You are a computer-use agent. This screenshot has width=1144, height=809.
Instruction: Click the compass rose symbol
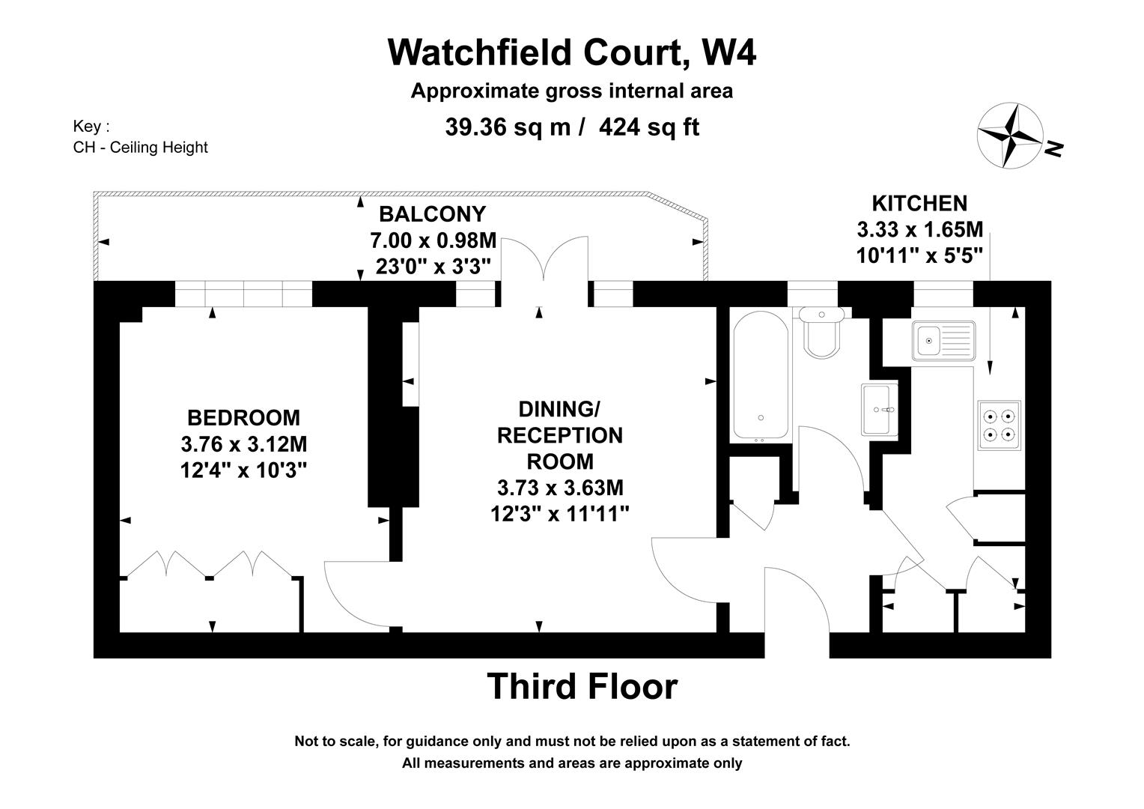1009,136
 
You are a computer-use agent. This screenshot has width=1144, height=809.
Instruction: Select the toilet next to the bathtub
822,333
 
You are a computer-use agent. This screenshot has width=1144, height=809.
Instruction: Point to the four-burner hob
999,425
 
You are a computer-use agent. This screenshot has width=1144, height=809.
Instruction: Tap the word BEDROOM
243,417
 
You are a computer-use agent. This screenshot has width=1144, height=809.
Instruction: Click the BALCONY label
432,214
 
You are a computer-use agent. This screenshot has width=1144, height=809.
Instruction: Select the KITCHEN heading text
919,203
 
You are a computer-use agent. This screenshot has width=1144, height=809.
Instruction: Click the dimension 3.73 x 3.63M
560,488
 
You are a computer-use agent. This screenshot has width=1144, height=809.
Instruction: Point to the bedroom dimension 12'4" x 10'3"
243,470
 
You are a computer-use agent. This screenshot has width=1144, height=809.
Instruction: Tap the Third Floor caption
582,686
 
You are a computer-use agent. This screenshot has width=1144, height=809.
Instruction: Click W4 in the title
728,52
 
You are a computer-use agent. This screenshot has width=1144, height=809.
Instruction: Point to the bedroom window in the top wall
243,294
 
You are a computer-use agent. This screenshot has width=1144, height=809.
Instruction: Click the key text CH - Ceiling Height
140,148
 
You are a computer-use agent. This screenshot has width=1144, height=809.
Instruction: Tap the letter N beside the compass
1054,149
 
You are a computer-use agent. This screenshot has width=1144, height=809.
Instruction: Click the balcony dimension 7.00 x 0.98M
433,240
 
